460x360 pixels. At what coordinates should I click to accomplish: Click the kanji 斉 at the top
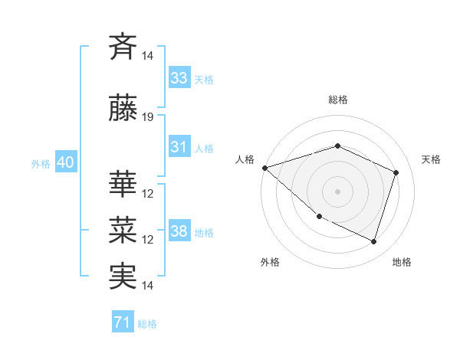coord(123,46)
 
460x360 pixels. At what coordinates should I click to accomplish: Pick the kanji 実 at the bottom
coord(123,276)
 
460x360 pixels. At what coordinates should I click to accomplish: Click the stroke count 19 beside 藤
coord(148,117)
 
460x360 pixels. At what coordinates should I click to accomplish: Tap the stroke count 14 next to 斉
coord(148,56)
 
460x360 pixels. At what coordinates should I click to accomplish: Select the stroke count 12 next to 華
coord(148,194)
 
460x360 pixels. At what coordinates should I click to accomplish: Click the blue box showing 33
coord(179,78)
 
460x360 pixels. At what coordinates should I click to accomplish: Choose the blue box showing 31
coord(179,147)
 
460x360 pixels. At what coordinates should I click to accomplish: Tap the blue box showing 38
coord(179,231)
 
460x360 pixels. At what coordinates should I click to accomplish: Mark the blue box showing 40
coord(65,162)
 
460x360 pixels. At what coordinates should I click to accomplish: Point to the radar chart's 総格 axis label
coord(338,100)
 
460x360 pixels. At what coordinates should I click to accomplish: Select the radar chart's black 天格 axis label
coord(431,159)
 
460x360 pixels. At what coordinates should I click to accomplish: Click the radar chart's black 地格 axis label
coord(402,262)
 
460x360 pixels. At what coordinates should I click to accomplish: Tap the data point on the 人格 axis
coord(264,168)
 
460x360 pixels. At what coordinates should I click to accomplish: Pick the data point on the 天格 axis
coord(396,172)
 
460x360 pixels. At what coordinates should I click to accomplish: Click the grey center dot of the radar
coord(338,191)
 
